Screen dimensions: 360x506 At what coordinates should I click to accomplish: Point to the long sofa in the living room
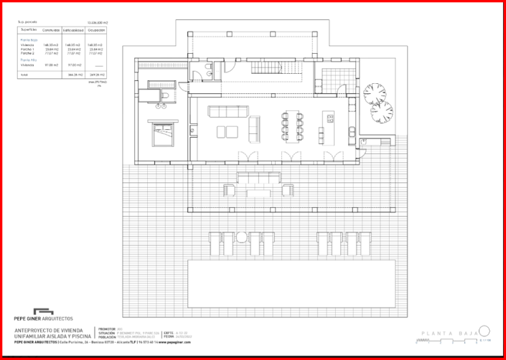click(x=228, y=110)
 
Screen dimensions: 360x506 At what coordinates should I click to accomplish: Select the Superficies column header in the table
click(x=29, y=30)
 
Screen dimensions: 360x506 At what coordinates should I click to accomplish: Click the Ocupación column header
click(x=96, y=30)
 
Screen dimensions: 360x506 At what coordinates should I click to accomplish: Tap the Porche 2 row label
click(x=27, y=53)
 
